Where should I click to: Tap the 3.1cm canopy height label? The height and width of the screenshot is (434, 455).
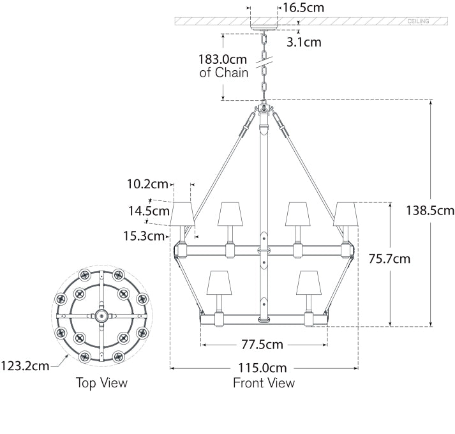point(304,43)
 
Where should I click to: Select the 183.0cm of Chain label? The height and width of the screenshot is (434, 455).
point(223,66)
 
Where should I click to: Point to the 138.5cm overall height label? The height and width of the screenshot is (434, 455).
point(430,211)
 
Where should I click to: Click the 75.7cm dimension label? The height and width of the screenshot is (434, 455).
point(389,259)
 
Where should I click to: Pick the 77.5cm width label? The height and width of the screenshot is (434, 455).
point(262,345)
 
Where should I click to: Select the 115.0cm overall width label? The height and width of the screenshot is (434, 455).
point(264,368)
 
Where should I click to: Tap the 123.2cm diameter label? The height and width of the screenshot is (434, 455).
point(25,366)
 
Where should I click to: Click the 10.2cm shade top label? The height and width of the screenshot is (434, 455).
point(147,184)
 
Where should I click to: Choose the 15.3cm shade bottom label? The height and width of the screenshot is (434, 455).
point(144,236)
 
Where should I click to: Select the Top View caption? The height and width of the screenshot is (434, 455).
point(101,383)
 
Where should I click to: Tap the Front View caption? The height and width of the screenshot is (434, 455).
point(264,383)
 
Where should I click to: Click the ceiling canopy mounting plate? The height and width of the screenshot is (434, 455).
point(264,27)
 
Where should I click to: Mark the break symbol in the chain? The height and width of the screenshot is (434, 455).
point(264,63)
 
